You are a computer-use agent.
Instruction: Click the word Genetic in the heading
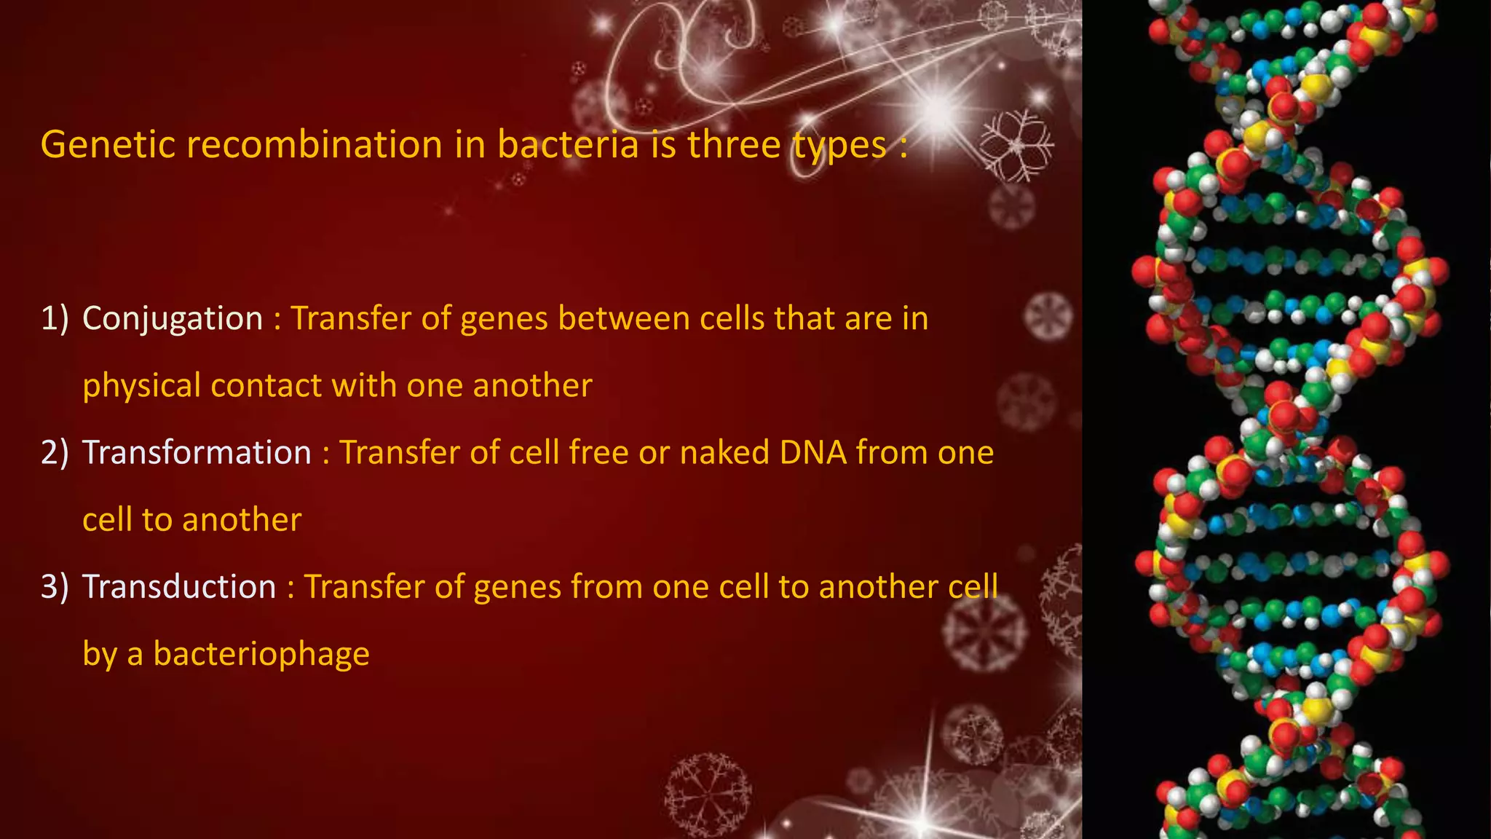(x=108, y=144)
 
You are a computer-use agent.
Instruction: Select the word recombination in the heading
(x=315, y=144)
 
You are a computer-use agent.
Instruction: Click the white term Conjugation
(x=173, y=319)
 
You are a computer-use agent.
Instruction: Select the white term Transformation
(x=197, y=453)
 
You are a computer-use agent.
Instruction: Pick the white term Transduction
(x=179, y=587)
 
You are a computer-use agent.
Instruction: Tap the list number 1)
(x=55, y=319)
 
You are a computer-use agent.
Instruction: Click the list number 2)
(x=55, y=453)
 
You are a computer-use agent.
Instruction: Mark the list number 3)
(x=55, y=587)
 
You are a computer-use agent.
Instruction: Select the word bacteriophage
(x=261, y=654)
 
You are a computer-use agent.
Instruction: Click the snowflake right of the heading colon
(x=1016, y=146)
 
